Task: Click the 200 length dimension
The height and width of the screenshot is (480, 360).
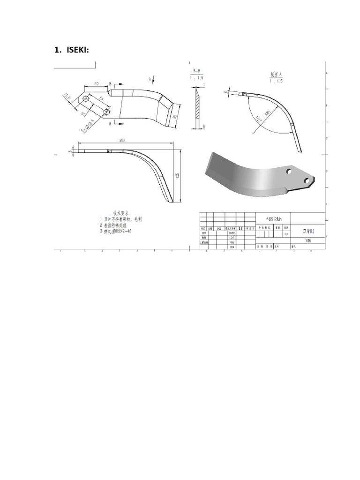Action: [122, 140]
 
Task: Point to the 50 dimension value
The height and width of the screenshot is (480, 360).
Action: [96, 83]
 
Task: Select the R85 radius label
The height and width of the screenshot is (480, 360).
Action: [268, 113]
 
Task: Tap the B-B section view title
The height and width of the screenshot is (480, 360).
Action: [197, 71]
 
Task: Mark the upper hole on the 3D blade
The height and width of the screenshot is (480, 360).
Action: [291, 171]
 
